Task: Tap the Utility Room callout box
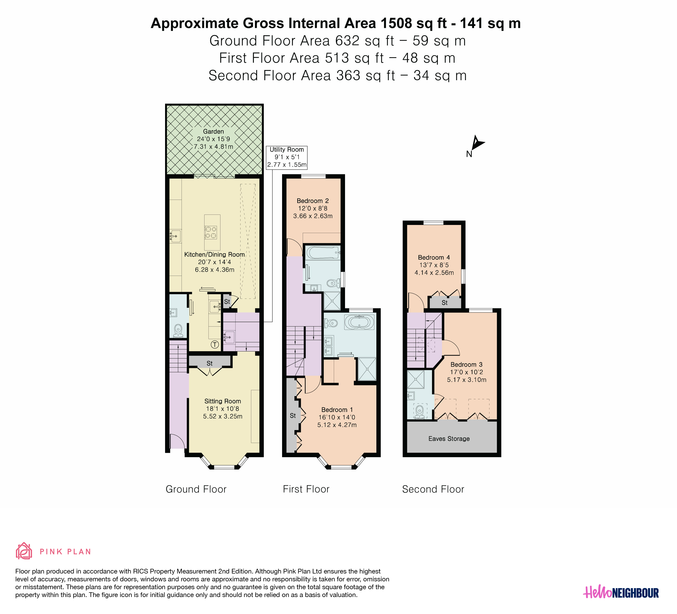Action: (287, 157)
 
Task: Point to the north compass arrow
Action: (477, 143)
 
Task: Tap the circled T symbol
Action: (215, 344)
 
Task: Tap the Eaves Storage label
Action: (449, 439)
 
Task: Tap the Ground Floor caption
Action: (196, 489)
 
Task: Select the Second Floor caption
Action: (433, 489)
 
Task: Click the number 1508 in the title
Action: (396, 23)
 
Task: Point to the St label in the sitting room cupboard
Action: (209, 363)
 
